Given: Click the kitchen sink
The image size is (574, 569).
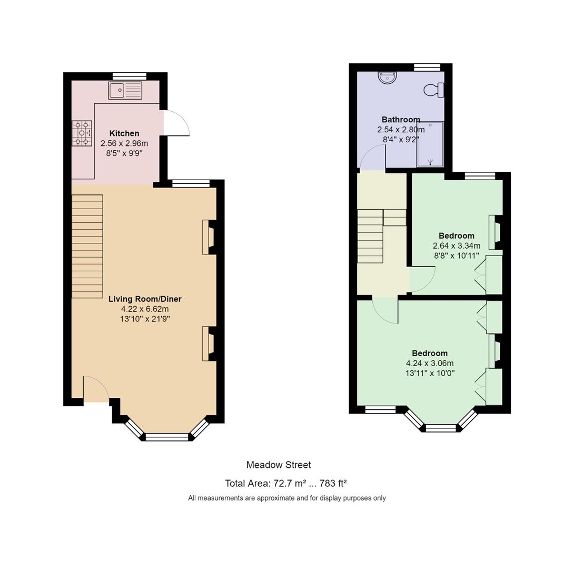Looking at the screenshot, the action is pos(125,91).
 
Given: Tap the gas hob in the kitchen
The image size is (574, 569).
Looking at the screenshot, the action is pos(82,133).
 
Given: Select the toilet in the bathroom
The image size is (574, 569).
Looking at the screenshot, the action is pos(434,90).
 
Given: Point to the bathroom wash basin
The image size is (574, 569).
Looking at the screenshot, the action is pos(387,77).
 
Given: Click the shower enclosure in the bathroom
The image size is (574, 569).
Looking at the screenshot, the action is pos(430,144).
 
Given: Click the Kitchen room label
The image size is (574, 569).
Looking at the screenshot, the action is pos(124,133).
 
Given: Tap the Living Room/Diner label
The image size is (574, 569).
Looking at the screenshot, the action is pos(145,299).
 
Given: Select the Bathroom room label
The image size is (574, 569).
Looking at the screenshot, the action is pos(401,120).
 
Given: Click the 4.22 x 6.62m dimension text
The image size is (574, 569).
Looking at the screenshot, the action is pos(145,309).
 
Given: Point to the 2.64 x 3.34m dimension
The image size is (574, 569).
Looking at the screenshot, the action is pos(457,246).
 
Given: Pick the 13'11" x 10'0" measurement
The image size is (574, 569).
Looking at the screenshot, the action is pos(430,374).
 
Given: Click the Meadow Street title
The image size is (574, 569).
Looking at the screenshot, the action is pos(279,465).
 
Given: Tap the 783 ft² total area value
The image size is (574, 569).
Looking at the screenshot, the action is pos(333,483).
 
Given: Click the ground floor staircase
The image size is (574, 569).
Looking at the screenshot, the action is pos(87,247).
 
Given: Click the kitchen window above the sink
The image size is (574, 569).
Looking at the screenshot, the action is pos(130,76).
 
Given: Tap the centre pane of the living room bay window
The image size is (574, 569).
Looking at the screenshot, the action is pos(167,437).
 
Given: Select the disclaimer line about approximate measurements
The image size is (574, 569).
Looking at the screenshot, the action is pos(287,498).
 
